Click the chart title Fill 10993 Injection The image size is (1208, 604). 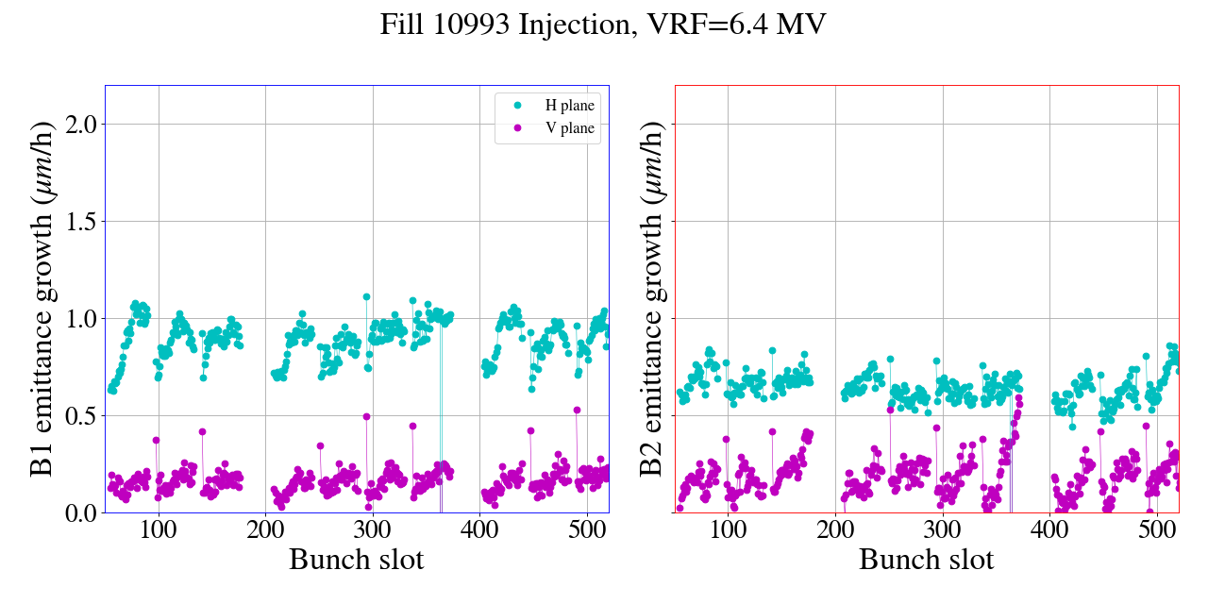coord(603,25)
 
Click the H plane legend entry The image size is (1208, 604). coord(569,106)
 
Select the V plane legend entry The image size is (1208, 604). coord(569,128)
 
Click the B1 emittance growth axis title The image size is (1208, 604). coord(42,299)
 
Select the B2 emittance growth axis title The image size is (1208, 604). coord(653,299)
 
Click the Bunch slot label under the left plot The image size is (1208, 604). coord(357,560)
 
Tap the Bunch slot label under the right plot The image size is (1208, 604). coord(927,560)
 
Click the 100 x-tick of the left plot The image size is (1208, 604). coord(159,530)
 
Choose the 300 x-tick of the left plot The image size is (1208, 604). coord(373,530)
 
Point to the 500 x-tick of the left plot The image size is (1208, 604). coord(587,530)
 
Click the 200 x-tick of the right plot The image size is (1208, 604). coord(835,530)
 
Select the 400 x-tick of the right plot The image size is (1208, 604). coord(1049,530)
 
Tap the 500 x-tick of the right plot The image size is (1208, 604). coord(1157,530)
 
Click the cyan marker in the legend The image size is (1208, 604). coord(516,106)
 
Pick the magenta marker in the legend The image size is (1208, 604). coord(516,128)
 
